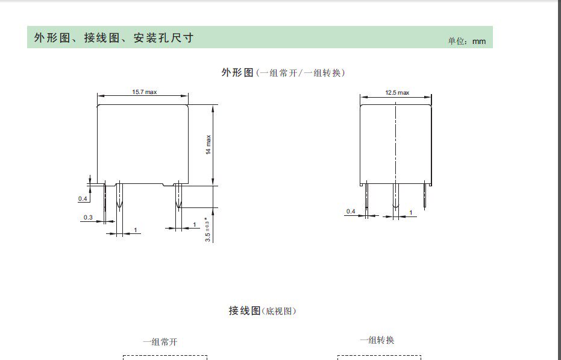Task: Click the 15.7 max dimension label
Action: [144, 92]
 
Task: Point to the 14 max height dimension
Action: [208, 145]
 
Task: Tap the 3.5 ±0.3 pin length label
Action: [208, 229]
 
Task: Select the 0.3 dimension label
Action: [88, 217]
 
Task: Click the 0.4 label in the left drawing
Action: [83, 198]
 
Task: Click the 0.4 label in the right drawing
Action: [351, 211]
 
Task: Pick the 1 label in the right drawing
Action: [411, 213]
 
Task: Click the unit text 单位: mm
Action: [466, 41]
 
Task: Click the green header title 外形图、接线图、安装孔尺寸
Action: [113, 38]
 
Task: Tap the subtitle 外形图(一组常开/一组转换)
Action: [283, 73]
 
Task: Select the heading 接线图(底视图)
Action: [262, 311]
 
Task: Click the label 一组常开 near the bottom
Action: [160, 342]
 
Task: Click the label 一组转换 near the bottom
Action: [377, 340]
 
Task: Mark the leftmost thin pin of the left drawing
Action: [105, 199]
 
